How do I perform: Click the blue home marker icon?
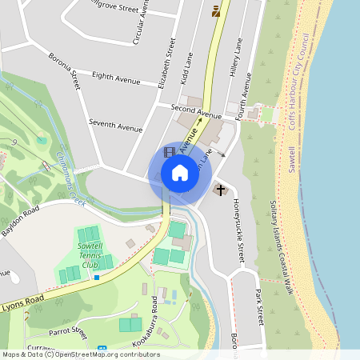point(180,173)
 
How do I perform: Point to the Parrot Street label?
point(67,330)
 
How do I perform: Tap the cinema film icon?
point(169,151)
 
